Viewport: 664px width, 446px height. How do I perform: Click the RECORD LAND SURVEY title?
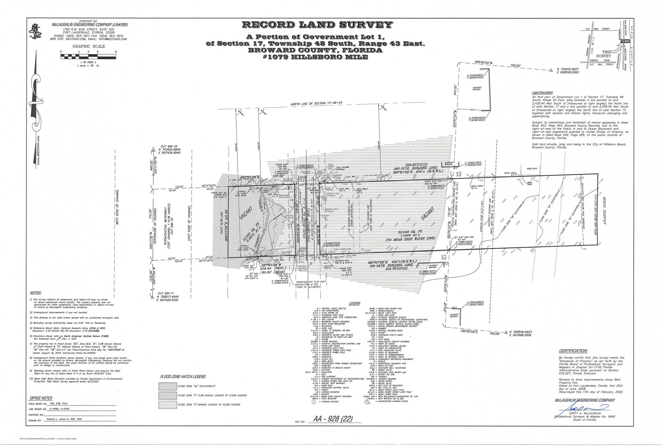pos(317,25)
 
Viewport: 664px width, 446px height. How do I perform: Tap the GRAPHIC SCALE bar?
pos(89,56)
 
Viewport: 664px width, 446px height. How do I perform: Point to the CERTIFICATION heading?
pos(573,351)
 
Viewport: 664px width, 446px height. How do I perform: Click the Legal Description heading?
pos(542,92)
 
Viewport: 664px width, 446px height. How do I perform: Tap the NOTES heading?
pos(36,293)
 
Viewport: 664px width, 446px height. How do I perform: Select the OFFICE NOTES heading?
pos(41,398)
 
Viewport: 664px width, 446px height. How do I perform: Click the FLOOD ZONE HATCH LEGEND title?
pos(183,377)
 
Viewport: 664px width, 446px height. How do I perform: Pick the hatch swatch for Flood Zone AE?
pos(167,386)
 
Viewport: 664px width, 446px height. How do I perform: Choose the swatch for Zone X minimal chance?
pos(167,404)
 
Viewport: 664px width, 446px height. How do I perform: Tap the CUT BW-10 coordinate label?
pos(169,150)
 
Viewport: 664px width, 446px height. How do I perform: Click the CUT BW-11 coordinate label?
pos(167,296)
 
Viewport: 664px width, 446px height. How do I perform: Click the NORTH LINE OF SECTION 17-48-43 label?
pos(316,103)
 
